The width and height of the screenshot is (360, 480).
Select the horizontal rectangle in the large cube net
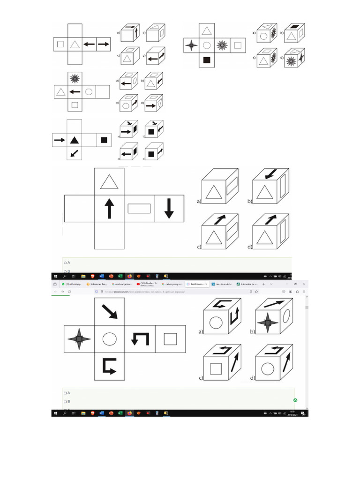(139, 209)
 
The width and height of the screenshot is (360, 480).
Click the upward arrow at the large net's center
(109, 209)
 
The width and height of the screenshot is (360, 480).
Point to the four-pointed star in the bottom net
(79, 338)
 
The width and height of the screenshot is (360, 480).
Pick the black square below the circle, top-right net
(207, 60)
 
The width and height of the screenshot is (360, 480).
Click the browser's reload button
(69, 291)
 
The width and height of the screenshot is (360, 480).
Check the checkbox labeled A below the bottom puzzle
(65, 392)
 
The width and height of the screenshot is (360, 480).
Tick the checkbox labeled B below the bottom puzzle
(65, 402)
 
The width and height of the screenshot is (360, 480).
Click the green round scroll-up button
(295, 400)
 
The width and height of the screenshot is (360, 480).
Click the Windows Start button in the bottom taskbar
(55, 413)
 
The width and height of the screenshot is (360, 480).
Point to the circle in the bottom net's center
(110, 338)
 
